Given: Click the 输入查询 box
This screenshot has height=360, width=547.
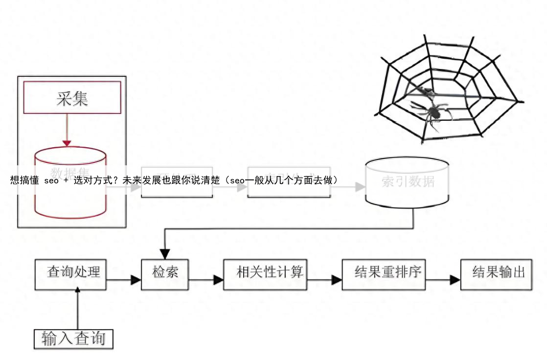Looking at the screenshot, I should tap(73, 338).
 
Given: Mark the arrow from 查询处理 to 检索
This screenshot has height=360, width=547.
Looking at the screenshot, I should tap(123, 280).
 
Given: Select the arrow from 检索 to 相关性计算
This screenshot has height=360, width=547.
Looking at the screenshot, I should tap(206, 280).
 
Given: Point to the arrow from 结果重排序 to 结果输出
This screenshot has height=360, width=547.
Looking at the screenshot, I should tap(443, 280).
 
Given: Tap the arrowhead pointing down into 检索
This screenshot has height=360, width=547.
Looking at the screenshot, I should tap(165, 253).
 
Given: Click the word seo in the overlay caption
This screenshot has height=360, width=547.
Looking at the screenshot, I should tap(51, 180).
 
